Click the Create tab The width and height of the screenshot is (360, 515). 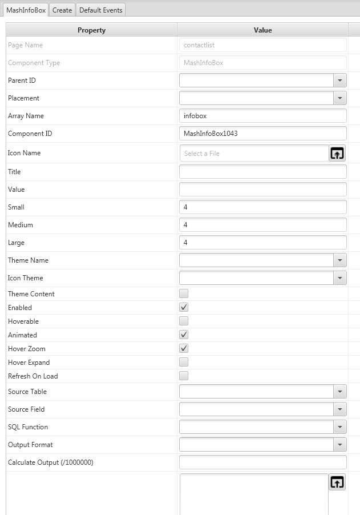[62, 10]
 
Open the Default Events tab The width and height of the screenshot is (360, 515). [100, 10]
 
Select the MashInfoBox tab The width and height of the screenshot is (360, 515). [26, 10]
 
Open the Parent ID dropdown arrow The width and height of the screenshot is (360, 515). [340, 81]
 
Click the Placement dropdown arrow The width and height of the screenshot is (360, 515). [340, 98]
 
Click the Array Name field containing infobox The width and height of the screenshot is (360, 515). [262, 116]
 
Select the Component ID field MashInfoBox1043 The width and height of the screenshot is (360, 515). [262, 134]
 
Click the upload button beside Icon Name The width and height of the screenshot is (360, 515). [337, 153]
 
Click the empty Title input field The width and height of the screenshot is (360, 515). [262, 172]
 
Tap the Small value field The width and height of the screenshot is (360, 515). [262, 207]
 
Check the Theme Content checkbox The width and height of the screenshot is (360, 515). [184, 294]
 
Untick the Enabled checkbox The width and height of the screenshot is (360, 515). [184, 308]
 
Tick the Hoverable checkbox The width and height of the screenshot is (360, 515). [184, 321]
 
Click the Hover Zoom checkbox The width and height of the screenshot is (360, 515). [184, 349]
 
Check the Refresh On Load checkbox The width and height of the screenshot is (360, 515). [184, 376]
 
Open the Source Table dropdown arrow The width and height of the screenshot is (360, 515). [340, 392]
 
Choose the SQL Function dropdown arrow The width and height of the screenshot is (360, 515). [340, 427]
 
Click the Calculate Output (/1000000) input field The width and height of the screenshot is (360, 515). [262, 462]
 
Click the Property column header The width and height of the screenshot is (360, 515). [91, 30]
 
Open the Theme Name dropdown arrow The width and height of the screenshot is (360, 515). [340, 260]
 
